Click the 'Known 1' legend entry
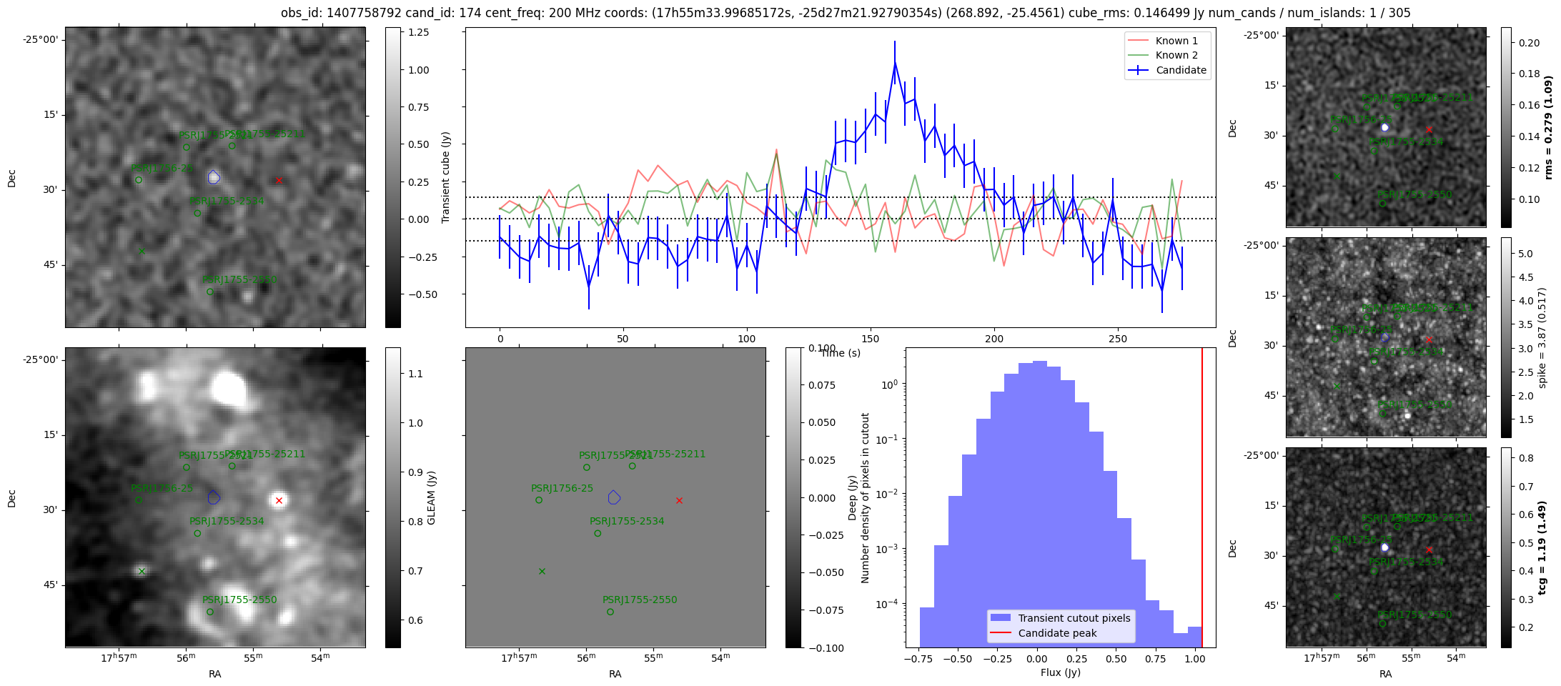click(x=1176, y=41)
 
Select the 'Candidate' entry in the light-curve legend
click(x=1181, y=70)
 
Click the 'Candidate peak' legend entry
click(x=1057, y=633)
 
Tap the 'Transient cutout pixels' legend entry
click(x=1074, y=618)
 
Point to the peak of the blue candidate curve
click(x=895, y=63)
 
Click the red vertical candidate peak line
click(x=1202, y=500)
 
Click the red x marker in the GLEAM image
click(x=279, y=500)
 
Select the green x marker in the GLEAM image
click(x=142, y=571)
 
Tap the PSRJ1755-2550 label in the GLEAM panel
click(x=239, y=600)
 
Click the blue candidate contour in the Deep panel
click(x=614, y=497)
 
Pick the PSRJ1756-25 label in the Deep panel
click(x=562, y=488)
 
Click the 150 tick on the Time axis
click(x=871, y=339)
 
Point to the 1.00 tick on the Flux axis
click(x=1194, y=659)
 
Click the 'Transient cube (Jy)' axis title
click(x=446, y=177)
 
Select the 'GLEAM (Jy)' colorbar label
click(x=431, y=497)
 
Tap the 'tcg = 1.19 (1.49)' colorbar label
click(x=1542, y=547)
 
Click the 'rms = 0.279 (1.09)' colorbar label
click(x=1548, y=127)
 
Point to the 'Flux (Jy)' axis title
click(x=1061, y=672)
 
